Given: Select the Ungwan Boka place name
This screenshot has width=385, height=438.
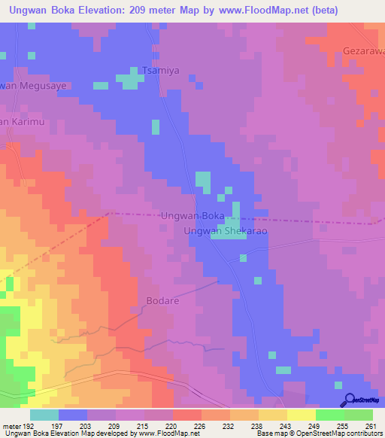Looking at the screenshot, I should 192,216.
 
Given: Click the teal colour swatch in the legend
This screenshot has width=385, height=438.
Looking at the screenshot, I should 44,415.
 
